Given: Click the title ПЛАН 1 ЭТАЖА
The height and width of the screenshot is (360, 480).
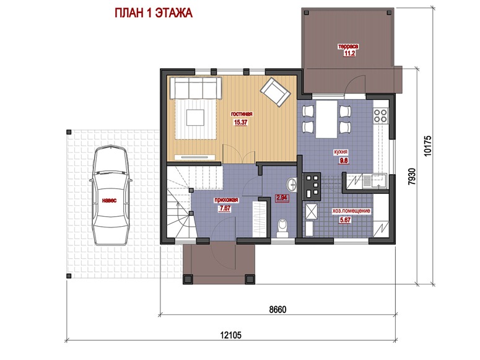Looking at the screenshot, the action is pyautogui.click(x=154, y=13).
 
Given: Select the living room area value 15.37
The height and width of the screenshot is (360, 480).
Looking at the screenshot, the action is pyautogui.click(x=240, y=122).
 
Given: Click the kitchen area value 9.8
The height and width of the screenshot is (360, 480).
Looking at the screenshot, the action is pyautogui.click(x=344, y=160).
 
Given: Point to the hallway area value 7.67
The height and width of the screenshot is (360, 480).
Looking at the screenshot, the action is pyautogui.click(x=224, y=208).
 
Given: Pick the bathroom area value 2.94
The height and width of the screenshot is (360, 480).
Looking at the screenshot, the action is pyautogui.click(x=282, y=198).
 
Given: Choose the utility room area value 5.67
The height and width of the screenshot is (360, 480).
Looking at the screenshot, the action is pyautogui.click(x=345, y=220).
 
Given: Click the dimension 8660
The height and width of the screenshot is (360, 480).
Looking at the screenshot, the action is pyautogui.click(x=277, y=309).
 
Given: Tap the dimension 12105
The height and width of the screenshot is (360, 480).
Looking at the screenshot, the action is pyautogui.click(x=231, y=335).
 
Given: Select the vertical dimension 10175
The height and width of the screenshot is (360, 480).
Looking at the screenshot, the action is pyautogui.click(x=427, y=146).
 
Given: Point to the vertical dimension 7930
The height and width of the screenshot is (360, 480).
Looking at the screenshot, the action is pyautogui.click(x=412, y=176).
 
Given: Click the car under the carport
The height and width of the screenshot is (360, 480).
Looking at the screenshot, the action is pyautogui.click(x=110, y=195).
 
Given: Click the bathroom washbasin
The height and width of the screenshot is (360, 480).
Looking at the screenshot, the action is pyautogui.click(x=292, y=185).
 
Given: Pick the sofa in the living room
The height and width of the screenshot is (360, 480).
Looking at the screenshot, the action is pyautogui.click(x=196, y=88).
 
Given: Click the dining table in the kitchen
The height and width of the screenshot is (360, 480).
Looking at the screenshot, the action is pyautogui.click(x=326, y=119).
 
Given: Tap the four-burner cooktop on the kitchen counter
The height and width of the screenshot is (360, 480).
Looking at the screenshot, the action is pyautogui.click(x=380, y=116).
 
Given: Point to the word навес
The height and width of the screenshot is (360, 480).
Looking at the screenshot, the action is pyautogui.click(x=109, y=201).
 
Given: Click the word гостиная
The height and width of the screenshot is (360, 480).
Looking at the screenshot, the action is pyautogui.click(x=242, y=114).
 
